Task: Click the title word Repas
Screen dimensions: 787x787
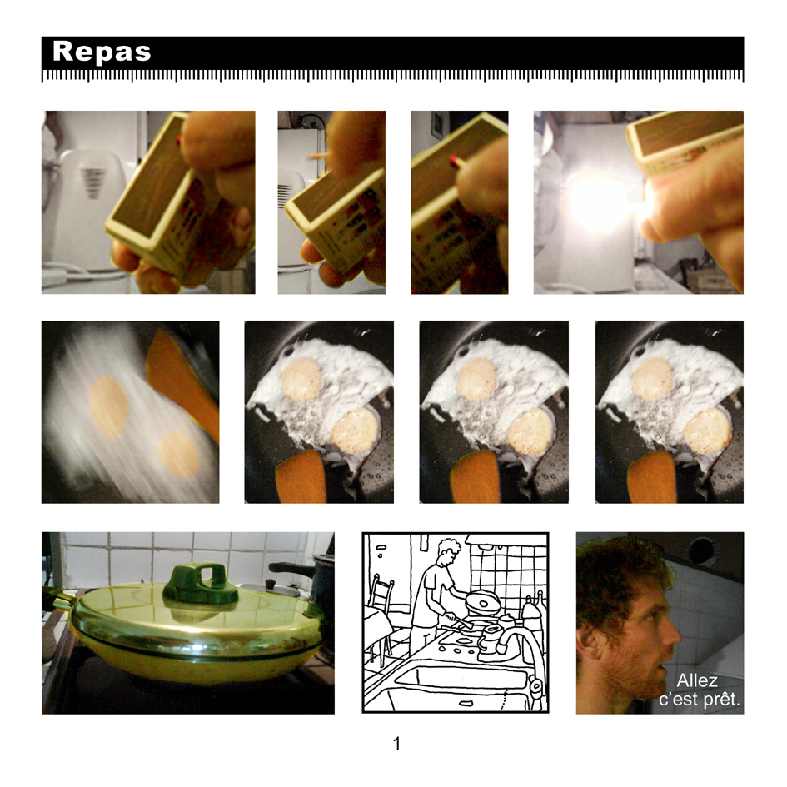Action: (x=102, y=52)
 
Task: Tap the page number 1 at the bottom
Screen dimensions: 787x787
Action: (x=396, y=744)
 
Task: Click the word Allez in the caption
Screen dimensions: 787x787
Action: (x=697, y=680)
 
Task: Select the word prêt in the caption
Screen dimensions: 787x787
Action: (x=721, y=700)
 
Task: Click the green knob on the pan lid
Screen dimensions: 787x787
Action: (x=200, y=584)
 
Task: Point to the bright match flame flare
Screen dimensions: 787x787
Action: (x=597, y=203)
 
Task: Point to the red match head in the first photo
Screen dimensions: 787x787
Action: (x=179, y=140)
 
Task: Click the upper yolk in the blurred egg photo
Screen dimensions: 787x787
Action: (x=108, y=406)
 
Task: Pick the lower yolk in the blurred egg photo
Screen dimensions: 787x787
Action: (x=178, y=454)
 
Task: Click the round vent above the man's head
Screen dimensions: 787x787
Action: (x=702, y=550)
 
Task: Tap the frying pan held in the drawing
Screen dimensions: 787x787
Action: (x=483, y=602)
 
